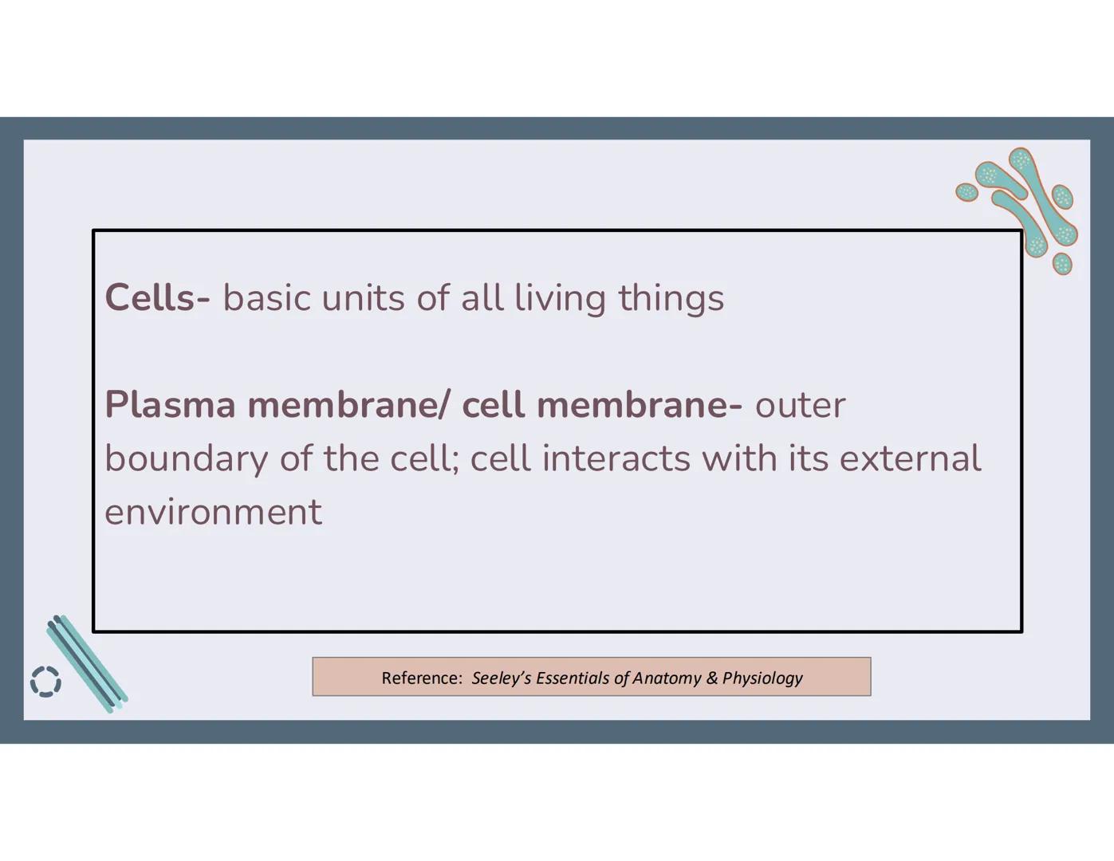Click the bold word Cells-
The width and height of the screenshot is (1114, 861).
pyautogui.click(x=157, y=298)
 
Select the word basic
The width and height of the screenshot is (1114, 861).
pyautogui.click(x=266, y=298)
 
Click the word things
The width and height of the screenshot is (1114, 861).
pyautogui.click(x=671, y=298)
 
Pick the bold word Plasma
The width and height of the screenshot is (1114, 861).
pyautogui.click(x=170, y=405)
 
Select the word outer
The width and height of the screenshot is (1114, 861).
pyautogui.click(x=800, y=405)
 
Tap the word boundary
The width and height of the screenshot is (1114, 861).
pyautogui.click(x=186, y=459)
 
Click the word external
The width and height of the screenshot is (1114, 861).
pyautogui.click(x=910, y=459)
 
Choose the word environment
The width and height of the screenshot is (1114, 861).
pyautogui.click(x=213, y=512)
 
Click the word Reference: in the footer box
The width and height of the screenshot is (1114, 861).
pyautogui.click(x=421, y=678)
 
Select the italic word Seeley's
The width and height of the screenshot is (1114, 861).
pyautogui.click(x=501, y=678)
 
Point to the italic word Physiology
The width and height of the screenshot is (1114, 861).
pyautogui.click(x=762, y=678)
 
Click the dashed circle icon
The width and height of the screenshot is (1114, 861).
pyautogui.click(x=45, y=682)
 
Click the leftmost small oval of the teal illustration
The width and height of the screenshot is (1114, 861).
pyautogui.click(x=967, y=191)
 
